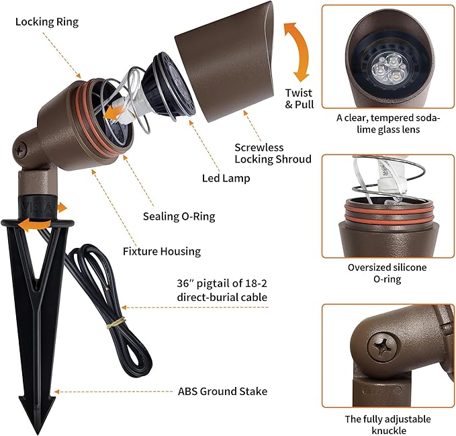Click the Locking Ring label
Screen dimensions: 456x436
[x=47, y=22]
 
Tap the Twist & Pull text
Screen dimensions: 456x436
[x=300, y=99]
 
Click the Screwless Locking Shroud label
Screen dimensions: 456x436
[x=273, y=153]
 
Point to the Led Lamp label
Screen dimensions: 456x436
[x=226, y=178]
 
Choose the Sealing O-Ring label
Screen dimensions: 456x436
[x=179, y=216]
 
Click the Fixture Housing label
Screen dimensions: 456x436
[x=162, y=251]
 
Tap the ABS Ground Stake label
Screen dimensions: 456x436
[x=222, y=392]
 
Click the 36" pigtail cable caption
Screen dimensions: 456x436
[x=222, y=290]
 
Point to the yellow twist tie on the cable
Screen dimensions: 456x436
[x=116, y=322]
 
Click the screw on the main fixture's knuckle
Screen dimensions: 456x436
[x=19, y=150]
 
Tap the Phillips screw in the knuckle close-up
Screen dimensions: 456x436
[x=382, y=347]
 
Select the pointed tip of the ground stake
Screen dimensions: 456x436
[x=37, y=433]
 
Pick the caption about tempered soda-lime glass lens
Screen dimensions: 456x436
[x=388, y=124]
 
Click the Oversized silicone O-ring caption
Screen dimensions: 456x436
[x=387, y=273]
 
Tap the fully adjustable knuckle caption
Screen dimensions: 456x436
[x=388, y=425]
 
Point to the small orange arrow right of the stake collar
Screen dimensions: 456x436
[x=62, y=208]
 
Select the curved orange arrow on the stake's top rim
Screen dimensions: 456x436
[x=34, y=226]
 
